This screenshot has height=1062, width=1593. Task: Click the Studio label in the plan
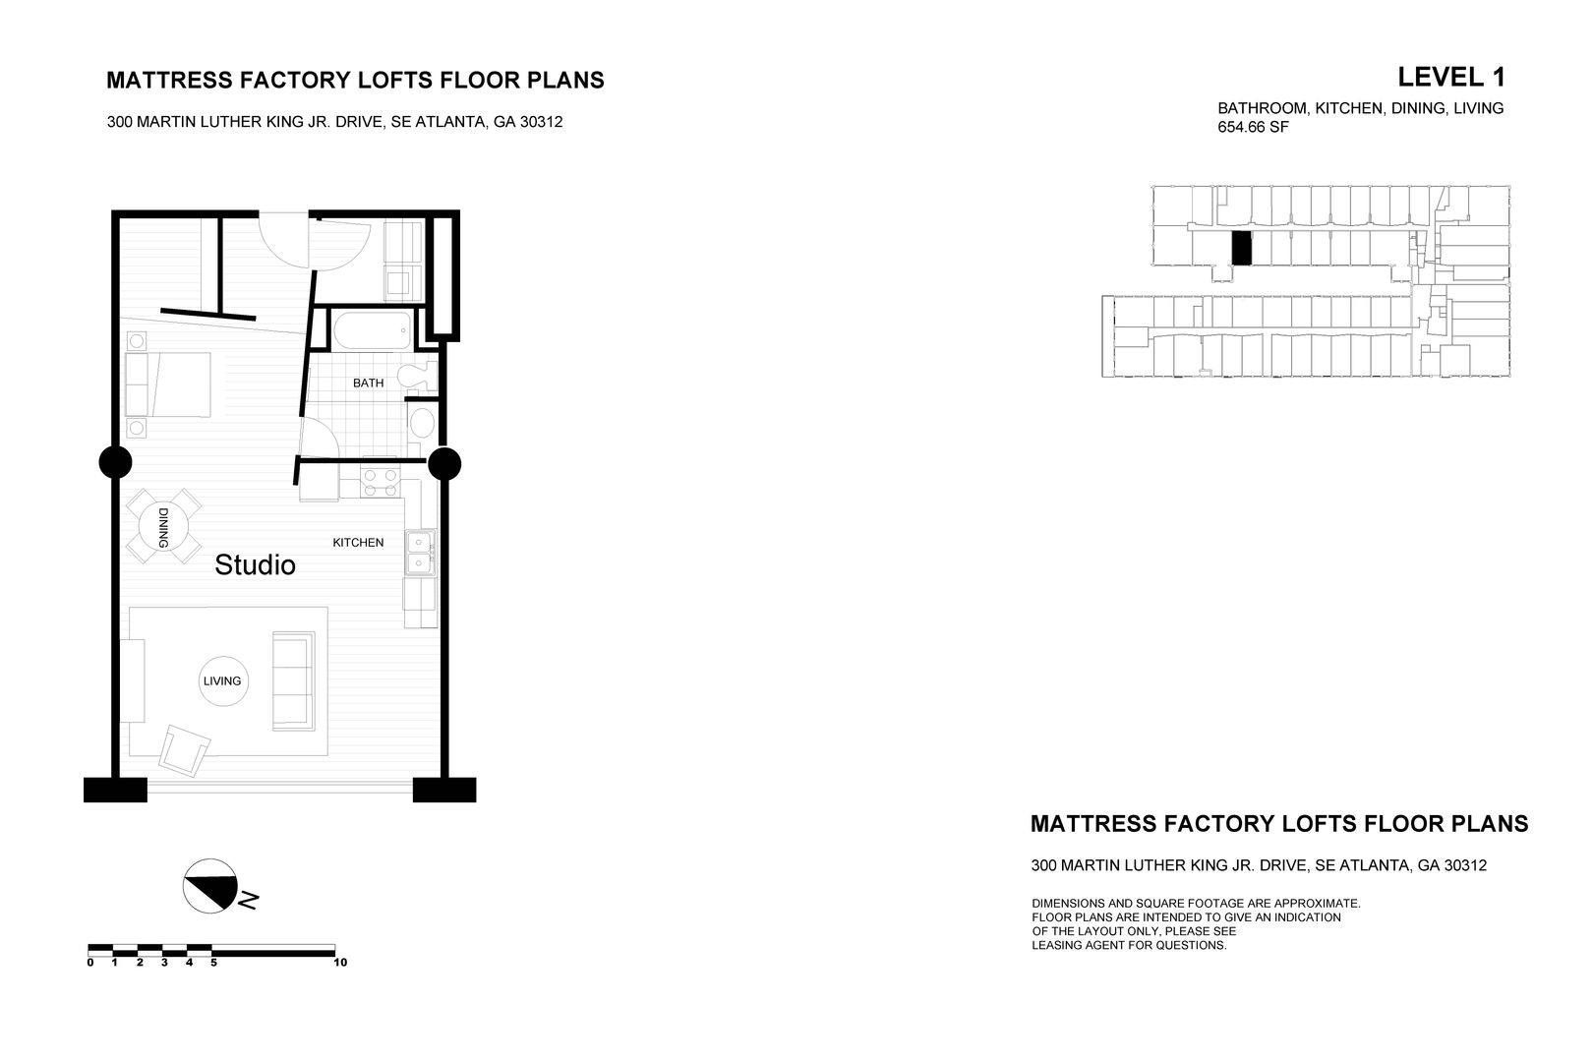(255, 565)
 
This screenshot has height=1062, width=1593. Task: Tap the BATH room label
(368, 383)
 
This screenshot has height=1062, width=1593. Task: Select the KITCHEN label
(358, 543)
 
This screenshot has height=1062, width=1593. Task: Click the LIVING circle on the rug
(222, 680)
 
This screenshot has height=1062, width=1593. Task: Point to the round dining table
(163, 526)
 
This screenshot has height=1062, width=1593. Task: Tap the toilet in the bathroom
(420, 376)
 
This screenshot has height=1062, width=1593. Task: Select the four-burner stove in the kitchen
(381, 483)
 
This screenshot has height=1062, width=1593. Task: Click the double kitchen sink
(421, 551)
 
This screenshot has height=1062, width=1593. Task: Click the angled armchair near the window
(185, 750)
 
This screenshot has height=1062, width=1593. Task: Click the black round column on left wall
(115, 461)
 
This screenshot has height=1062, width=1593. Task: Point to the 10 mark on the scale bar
(340, 963)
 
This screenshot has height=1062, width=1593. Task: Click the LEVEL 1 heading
(1450, 77)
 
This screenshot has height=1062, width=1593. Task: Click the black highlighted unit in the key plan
(1242, 249)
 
